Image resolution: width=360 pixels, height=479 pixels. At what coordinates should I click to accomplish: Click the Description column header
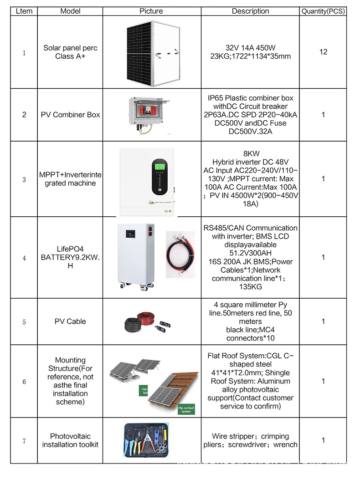(250, 11)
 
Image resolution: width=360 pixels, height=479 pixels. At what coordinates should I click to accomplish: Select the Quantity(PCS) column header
(323, 11)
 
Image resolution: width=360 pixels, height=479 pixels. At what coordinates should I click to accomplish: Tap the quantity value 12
(323, 52)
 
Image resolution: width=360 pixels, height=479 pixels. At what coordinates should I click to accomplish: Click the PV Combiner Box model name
(70, 115)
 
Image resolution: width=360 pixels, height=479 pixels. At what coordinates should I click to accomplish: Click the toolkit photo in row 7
(150, 440)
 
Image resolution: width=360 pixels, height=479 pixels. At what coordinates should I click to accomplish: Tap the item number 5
(24, 322)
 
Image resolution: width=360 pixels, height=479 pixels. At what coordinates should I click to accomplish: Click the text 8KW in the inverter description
(250, 154)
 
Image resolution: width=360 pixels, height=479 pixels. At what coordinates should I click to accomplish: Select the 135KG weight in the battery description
(250, 287)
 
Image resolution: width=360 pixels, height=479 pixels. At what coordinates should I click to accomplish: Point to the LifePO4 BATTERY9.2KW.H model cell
(70, 257)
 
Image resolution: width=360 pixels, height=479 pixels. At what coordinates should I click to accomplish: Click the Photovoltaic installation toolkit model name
(70, 440)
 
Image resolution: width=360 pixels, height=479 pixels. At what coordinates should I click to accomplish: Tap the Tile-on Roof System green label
(185, 409)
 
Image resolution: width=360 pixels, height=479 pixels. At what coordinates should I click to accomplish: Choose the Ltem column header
(24, 11)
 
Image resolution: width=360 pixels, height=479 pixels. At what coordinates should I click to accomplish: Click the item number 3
(24, 179)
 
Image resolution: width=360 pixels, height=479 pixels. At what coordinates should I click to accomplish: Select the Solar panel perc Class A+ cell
(70, 52)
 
